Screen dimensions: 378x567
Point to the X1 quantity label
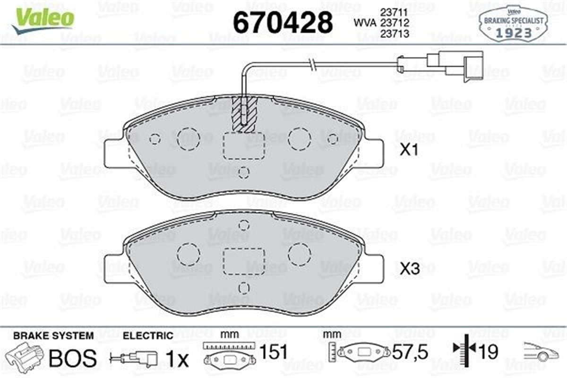[x=410, y=151]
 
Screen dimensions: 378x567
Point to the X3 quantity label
[x=410, y=269]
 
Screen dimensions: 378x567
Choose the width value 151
[x=274, y=352]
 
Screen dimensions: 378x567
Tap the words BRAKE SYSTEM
[x=53, y=335]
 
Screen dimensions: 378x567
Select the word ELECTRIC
[x=147, y=335]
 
